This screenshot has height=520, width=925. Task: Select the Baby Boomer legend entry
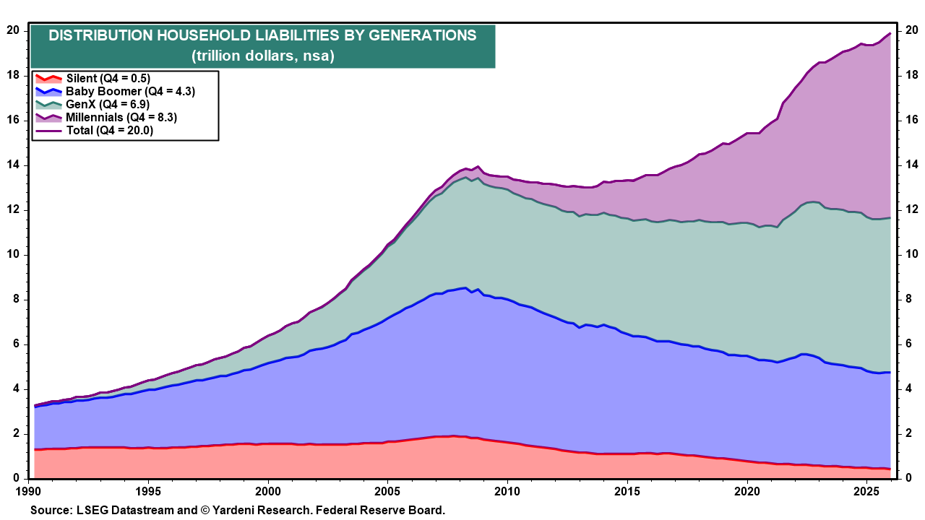tap(130, 92)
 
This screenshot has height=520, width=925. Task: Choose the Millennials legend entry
tap(121, 118)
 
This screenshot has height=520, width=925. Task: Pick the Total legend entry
tap(109, 131)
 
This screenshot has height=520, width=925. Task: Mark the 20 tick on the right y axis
tap(912, 31)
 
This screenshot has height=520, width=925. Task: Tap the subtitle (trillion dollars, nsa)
tap(262, 56)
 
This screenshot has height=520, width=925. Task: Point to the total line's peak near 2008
tap(478, 166)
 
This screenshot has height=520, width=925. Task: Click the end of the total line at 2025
tap(890, 33)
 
